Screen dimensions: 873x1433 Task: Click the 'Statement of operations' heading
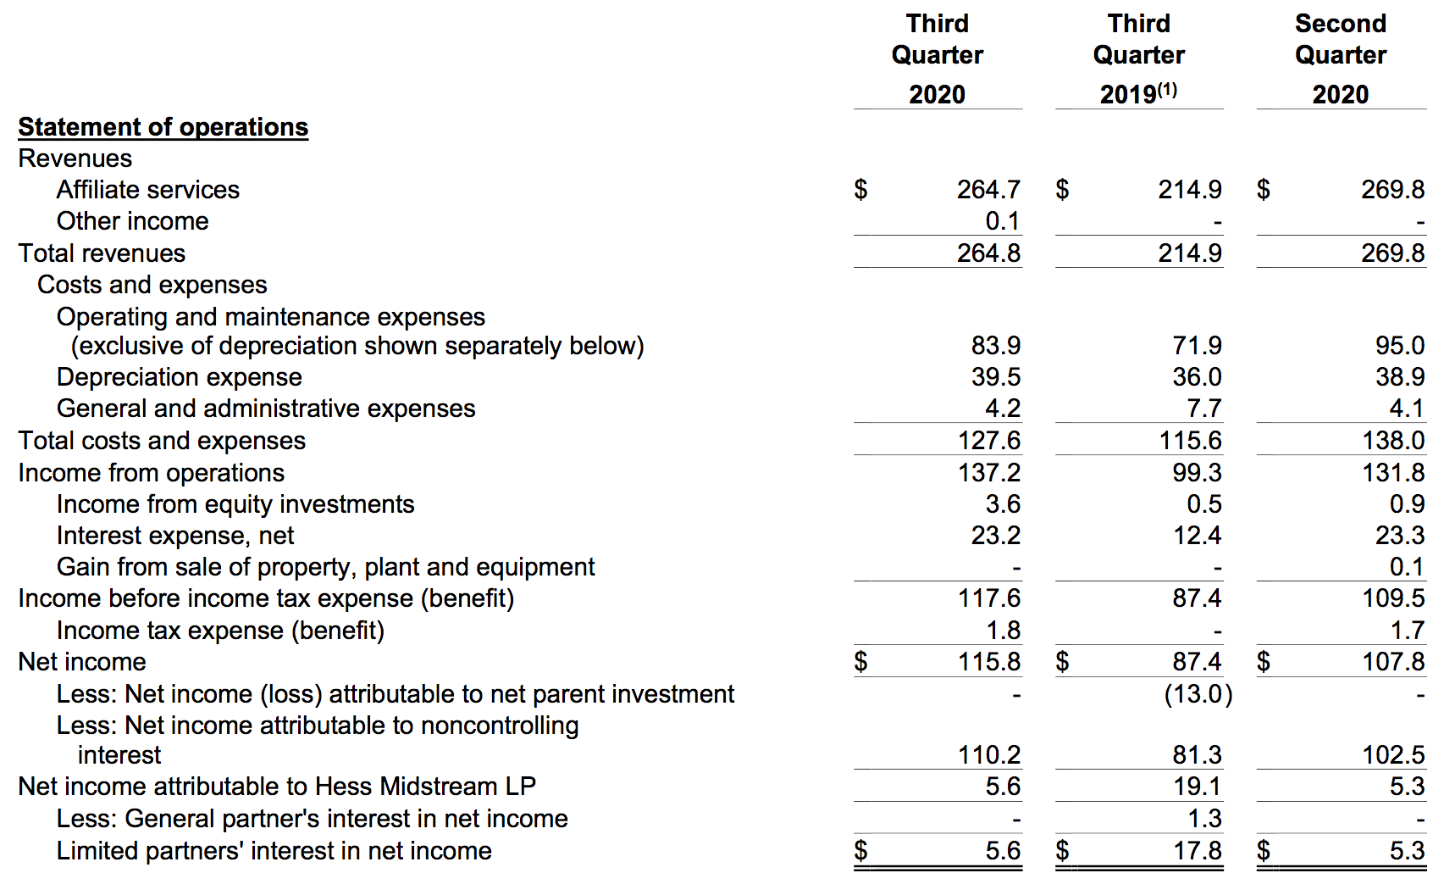coord(163,127)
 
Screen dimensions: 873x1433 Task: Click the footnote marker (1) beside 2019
coord(1167,89)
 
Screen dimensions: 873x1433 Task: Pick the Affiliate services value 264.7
coord(988,190)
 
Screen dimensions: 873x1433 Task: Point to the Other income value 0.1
coord(1002,221)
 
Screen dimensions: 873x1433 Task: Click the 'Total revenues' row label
coord(102,253)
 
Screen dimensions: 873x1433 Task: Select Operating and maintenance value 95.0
coord(1399,346)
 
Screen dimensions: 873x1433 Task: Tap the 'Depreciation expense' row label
coord(179,377)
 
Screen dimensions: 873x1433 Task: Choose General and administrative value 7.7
coord(1203,409)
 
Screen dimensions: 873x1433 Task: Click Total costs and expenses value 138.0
coord(1392,441)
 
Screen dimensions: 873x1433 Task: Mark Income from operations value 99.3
coord(1197,472)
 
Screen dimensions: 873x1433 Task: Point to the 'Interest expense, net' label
coord(175,536)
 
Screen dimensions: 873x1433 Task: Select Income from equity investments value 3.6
coord(1003,504)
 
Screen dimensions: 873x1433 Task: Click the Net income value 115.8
coord(988,662)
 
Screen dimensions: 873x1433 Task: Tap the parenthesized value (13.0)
coord(1198,694)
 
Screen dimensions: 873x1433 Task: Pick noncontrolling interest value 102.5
coord(1392,755)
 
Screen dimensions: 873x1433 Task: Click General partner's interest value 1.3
coord(1203,819)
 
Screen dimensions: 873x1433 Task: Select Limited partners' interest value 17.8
coord(1197,850)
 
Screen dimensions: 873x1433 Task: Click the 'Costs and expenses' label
coord(152,285)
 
